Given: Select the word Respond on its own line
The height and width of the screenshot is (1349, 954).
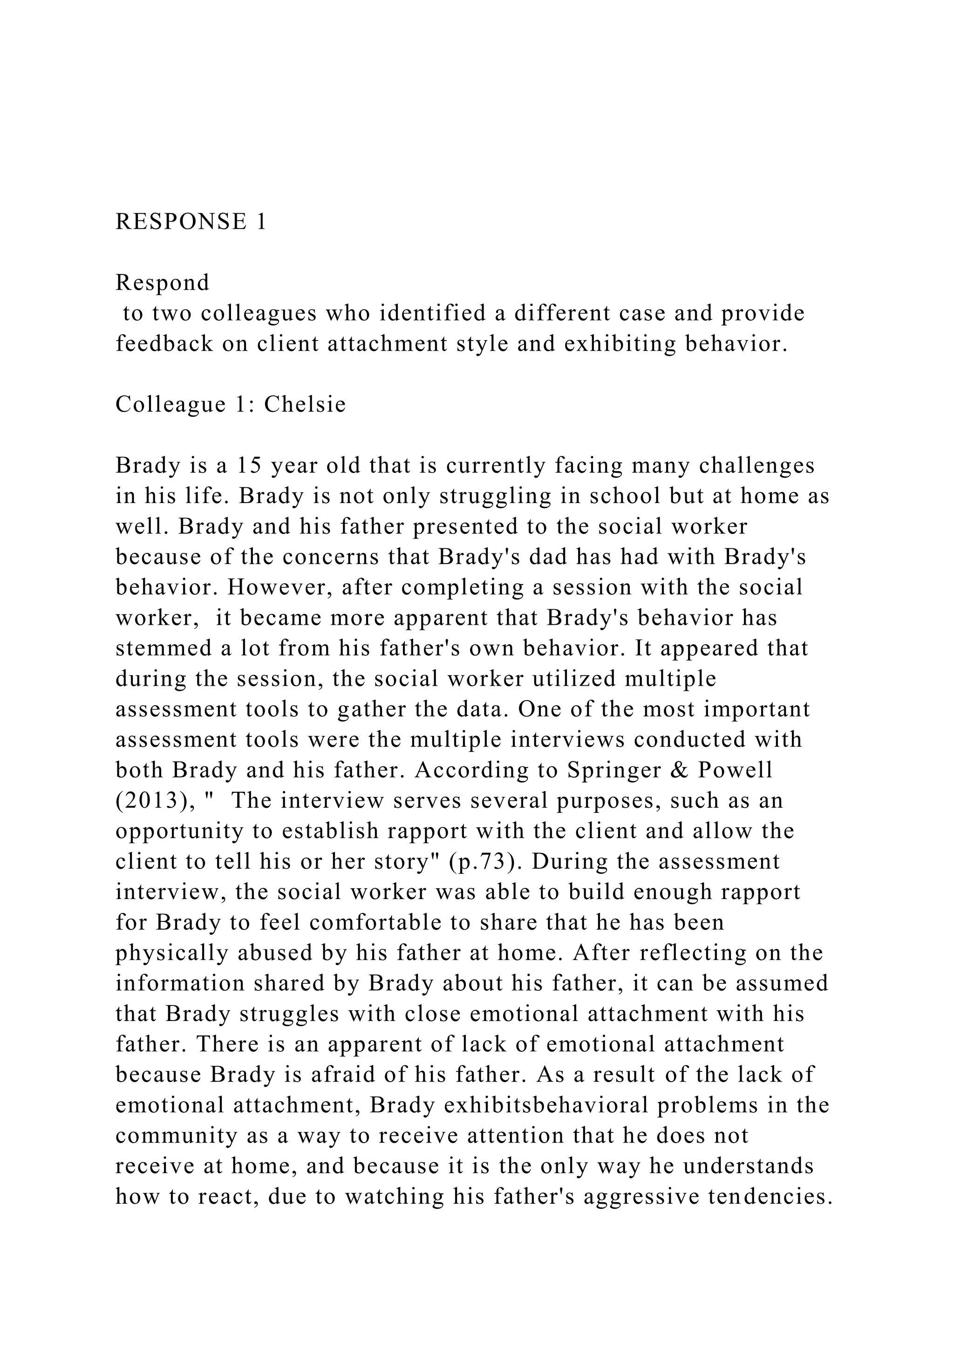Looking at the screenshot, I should [x=162, y=283].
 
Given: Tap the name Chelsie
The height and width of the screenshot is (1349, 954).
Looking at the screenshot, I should [x=305, y=404].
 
